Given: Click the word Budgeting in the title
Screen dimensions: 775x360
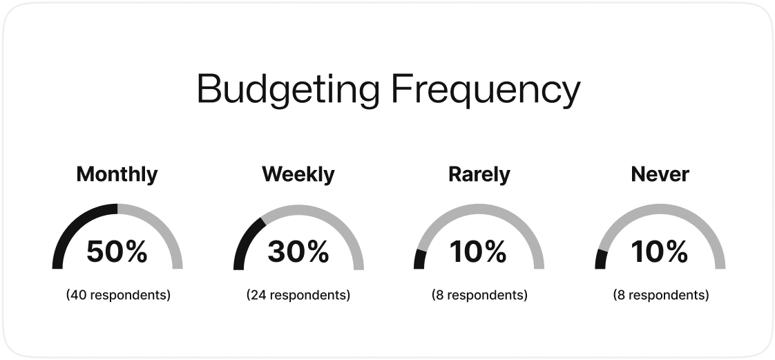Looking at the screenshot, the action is pos(288,90).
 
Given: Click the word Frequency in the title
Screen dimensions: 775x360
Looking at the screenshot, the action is pos(486,90).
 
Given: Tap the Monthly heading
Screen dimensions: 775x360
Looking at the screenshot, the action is pos(117,175).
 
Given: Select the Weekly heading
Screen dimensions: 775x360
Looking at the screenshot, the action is pos(298,174).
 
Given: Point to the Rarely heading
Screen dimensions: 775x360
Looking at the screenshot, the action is pos(479,175).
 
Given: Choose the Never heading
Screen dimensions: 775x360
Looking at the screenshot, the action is pos(660,174).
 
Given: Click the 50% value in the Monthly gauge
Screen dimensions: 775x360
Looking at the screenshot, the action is pos(117,252).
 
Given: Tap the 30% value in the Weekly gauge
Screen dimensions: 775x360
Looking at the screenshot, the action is pos(298,252).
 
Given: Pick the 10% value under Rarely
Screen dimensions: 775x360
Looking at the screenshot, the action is pos(479,252).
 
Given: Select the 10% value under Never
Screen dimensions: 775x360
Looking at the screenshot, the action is pos(660,252).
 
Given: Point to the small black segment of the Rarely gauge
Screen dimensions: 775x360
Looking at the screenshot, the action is pos(420,259).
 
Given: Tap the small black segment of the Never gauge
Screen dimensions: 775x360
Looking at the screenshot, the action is pos(601,259).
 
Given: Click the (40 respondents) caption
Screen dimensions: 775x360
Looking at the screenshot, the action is pos(118,295).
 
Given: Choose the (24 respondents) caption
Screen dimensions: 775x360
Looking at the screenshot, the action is pos(298,295).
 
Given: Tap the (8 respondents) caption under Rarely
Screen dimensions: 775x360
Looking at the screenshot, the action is pos(479,295).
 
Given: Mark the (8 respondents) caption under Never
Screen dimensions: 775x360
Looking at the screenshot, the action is pos(661,295).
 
